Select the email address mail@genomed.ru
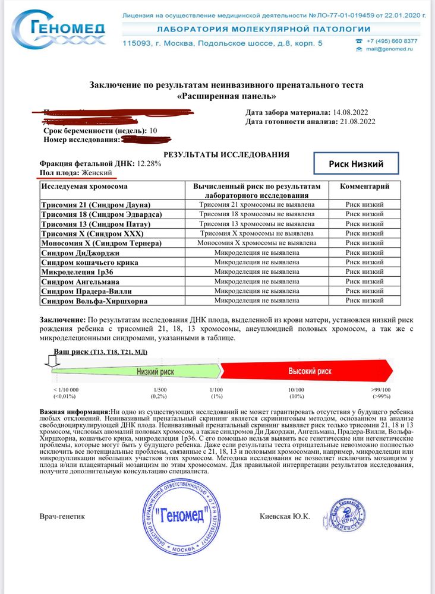[x=392, y=50]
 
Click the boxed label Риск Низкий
[x=355, y=164]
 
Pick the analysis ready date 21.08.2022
[x=355, y=122]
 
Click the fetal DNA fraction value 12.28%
[x=149, y=163]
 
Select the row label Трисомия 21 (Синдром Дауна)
[x=95, y=204]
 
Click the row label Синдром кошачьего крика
[x=89, y=262]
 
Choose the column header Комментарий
[x=364, y=187]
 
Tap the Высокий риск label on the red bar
[x=310, y=371]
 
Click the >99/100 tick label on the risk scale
[x=380, y=390]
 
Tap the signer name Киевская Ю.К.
[x=285, y=516]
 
